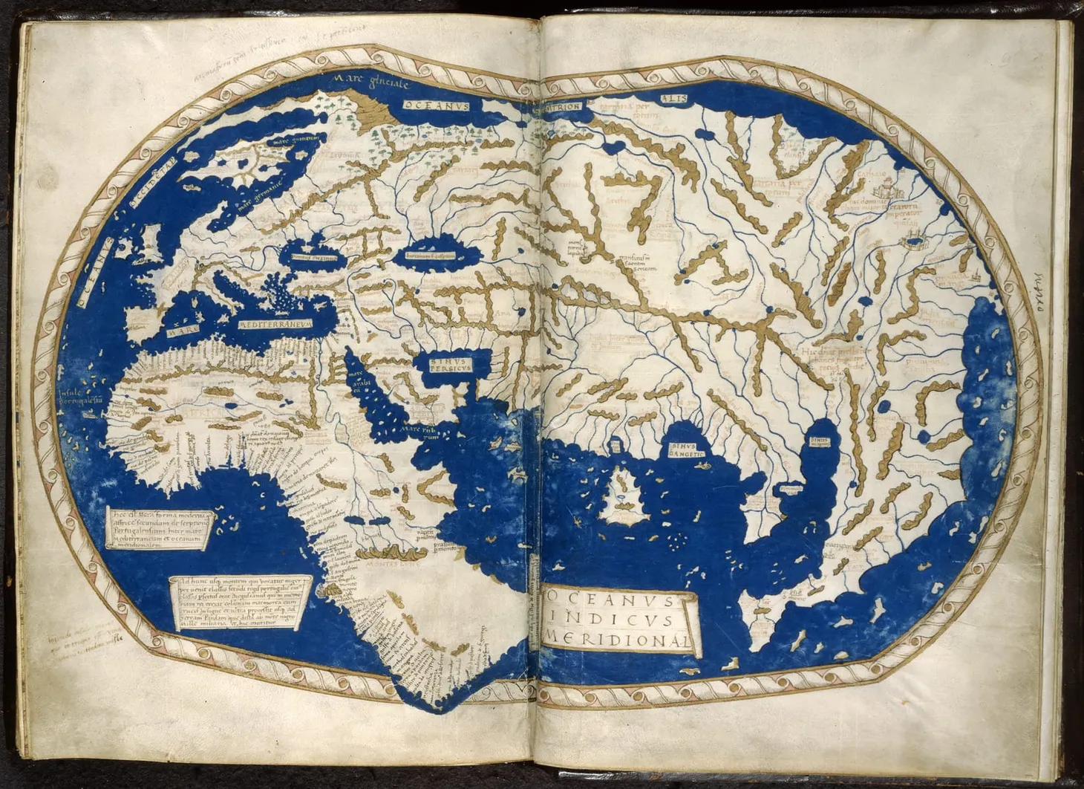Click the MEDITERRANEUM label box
tap(275, 325)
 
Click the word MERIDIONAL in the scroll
tap(622, 638)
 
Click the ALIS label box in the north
tap(674, 99)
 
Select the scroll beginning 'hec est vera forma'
tap(160, 528)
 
